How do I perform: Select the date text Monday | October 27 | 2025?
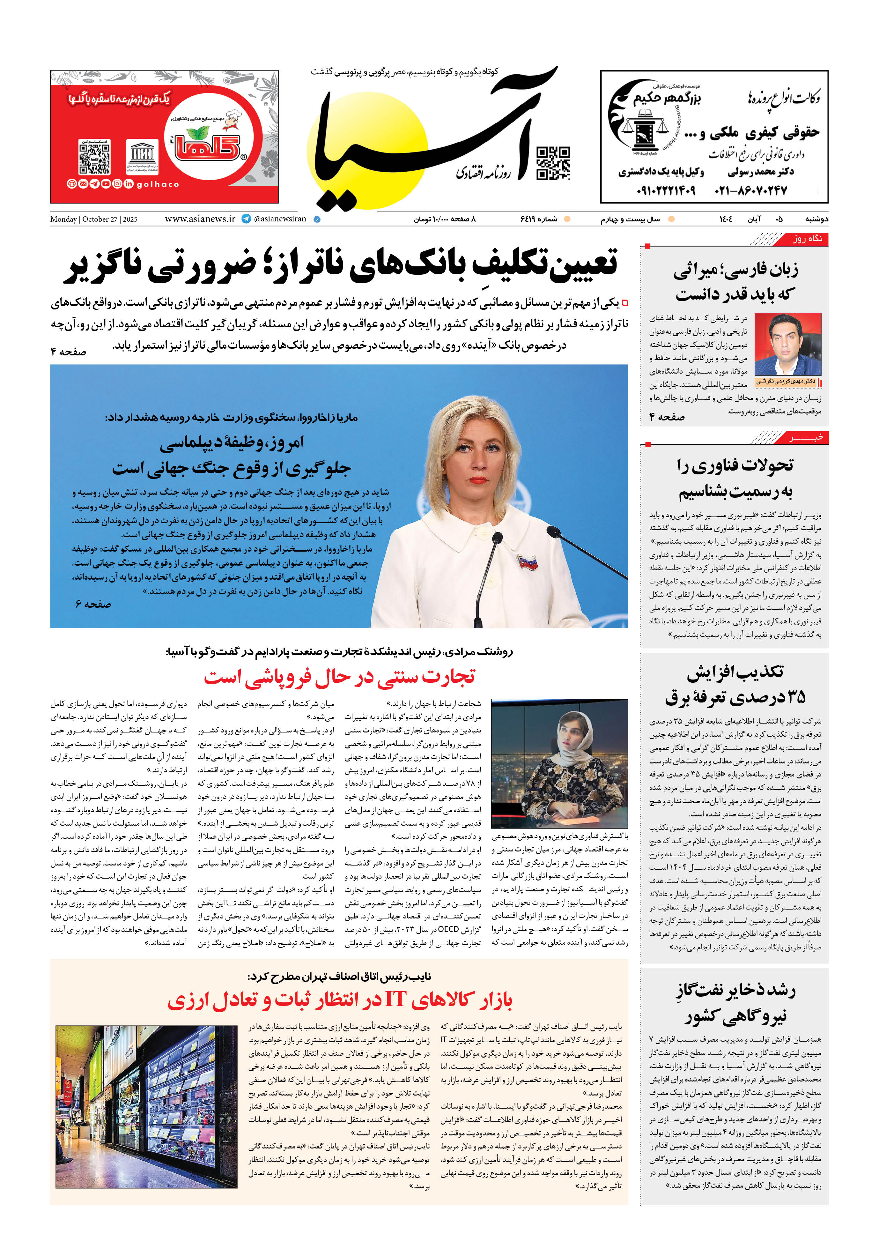click(94, 219)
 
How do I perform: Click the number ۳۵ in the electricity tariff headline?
click(792, 697)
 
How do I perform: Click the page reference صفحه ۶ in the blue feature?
click(93, 604)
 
